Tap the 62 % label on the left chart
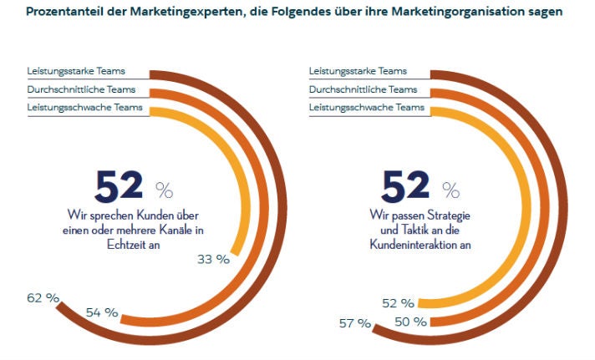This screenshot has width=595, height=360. (43, 297)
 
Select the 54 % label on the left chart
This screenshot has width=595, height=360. (102, 313)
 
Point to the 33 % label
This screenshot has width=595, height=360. (213, 259)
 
